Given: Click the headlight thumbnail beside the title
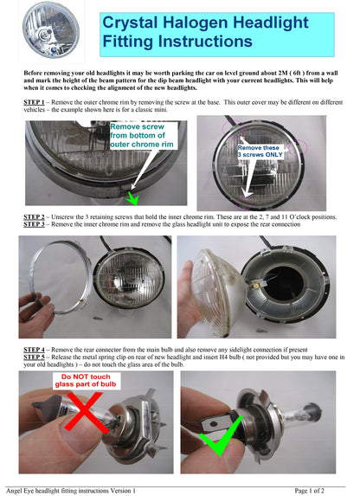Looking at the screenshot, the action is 51,30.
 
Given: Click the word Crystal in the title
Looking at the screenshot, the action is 130,23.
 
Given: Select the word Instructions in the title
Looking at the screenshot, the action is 205,42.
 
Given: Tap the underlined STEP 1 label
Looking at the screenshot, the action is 34,102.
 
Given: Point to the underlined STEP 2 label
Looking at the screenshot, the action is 34,217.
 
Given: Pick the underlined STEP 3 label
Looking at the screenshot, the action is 34,224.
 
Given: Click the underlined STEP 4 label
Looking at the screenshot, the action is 34,350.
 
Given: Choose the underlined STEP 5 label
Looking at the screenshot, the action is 34,357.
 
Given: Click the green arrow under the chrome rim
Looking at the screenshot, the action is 132,198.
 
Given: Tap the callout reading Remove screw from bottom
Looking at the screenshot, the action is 142,135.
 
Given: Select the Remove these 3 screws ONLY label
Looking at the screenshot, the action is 260,151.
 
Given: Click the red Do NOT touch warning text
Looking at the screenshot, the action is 86,381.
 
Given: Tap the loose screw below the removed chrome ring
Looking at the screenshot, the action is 98,318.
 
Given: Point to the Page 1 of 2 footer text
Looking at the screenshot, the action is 309,491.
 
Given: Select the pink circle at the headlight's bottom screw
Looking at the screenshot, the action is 244,203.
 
